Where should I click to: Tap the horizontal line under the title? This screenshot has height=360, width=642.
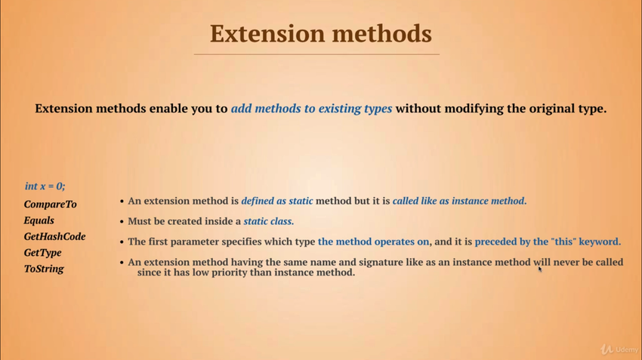pos(316,54)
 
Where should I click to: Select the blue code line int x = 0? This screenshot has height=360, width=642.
pos(45,186)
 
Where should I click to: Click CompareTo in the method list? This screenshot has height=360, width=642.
pos(51,204)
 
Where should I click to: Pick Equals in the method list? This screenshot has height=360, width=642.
pos(39,220)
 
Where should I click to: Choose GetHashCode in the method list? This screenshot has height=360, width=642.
pos(55,236)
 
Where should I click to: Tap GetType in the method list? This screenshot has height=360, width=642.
pos(42,252)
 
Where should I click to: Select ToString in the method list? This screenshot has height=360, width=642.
pos(44,269)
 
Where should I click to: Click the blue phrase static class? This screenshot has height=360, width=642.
pos(269,221)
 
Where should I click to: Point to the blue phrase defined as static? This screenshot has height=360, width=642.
pos(277,201)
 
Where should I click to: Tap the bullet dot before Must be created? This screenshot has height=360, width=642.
pos(122,222)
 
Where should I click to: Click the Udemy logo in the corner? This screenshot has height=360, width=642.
pos(619,349)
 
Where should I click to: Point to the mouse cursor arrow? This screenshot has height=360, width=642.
pos(540,269)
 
